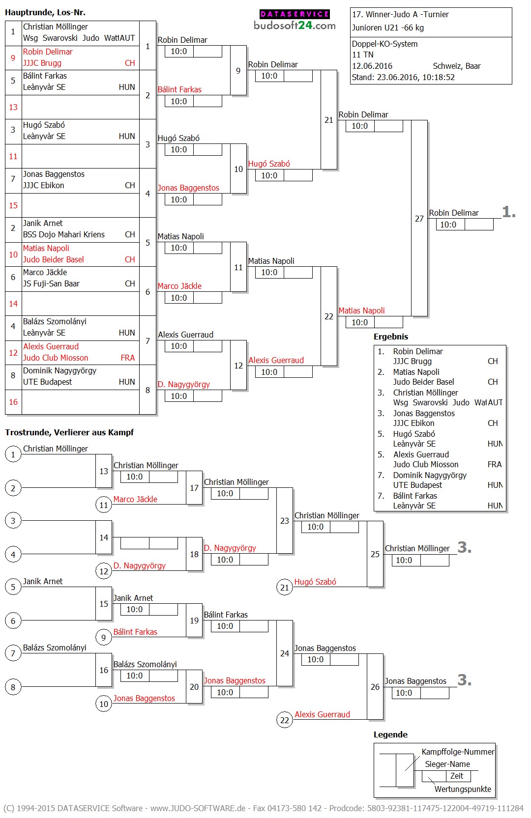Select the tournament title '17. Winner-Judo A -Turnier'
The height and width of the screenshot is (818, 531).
(400, 15)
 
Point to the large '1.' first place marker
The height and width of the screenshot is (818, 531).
(509, 212)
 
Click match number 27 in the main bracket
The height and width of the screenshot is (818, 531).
(419, 219)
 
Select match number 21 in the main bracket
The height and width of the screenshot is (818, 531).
(329, 120)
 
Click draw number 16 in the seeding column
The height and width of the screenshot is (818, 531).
(13, 402)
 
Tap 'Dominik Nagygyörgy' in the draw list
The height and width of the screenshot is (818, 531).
(59, 371)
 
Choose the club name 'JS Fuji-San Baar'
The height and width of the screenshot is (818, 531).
(51, 283)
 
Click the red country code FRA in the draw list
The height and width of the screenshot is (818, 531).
(128, 358)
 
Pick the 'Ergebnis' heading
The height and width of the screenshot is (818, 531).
(391, 337)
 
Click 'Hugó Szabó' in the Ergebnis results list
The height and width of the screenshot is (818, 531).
(414, 434)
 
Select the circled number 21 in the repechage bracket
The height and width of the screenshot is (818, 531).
(285, 588)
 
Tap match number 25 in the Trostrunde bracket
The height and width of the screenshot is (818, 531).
(375, 554)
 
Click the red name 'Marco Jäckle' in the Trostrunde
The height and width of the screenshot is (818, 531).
(135, 499)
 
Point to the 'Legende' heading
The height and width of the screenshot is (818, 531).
(390, 735)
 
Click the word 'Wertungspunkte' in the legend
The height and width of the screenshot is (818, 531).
(463, 789)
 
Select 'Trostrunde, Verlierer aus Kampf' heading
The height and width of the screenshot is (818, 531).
(69, 433)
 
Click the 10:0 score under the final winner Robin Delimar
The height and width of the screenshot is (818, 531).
(448, 225)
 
